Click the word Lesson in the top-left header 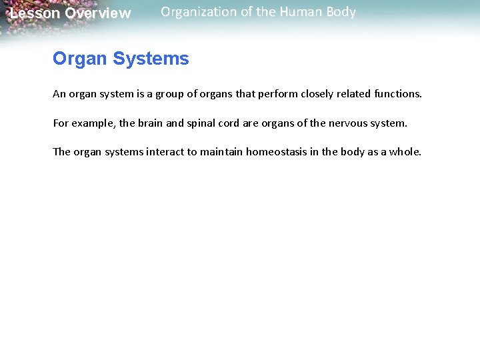tap(35, 13)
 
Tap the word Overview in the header tap(98, 13)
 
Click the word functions tap(401, 94)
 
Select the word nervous tap(345, 123)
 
